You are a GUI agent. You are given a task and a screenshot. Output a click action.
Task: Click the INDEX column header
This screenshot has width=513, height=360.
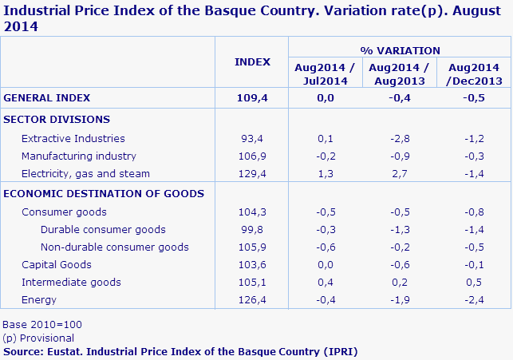[x=252, y=62]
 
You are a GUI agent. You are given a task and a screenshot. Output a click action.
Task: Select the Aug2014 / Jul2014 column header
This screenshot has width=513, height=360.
[x=325, y=74]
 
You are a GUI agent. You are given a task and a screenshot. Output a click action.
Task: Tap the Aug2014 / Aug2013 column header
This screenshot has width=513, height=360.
[x=400, y=74]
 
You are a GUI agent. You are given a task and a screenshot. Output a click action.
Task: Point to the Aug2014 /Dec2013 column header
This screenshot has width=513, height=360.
[x=475, y=74]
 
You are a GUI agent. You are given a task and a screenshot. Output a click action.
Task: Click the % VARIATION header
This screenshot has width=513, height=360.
[x=400, y=50]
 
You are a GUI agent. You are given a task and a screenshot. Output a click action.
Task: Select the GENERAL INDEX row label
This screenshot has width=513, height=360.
[x=47, y=98]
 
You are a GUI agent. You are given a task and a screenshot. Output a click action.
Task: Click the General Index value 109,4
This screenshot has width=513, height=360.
[x=252, y=98]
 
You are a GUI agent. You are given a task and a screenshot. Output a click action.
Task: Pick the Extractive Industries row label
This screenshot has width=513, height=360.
[x=73, y=138]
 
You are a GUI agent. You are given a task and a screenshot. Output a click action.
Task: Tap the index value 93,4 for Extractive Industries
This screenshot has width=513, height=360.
[x=252, y=138]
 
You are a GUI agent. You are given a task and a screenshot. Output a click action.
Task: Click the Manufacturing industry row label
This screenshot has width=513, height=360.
[x=79, y=156]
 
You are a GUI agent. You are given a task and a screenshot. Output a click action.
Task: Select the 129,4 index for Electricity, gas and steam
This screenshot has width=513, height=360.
[x=252, y=173]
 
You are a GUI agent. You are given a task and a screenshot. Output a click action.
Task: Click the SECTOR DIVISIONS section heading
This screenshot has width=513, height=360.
[x=57, y=119]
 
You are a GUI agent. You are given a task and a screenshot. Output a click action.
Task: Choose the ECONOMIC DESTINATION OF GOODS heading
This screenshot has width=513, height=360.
[x=104, y=193]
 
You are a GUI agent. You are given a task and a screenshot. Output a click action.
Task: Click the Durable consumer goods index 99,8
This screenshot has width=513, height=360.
[x=252, y=230]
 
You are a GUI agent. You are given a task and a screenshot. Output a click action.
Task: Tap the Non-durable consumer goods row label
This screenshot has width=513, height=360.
[x=114, y=247]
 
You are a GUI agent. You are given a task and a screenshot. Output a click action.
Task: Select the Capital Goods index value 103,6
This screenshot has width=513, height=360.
[x=252, y=264]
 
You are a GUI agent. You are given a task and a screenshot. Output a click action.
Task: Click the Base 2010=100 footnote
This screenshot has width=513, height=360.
[x=42, y=325]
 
